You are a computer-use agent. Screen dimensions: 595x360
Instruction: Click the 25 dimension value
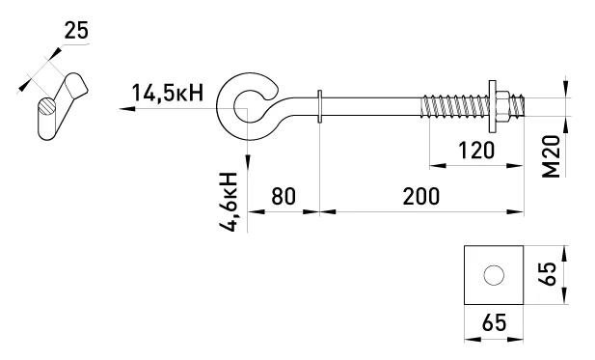pyautogui.click(x=76, y=30)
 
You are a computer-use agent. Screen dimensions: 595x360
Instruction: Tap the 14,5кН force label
pyautogui.click(x=168, y=93)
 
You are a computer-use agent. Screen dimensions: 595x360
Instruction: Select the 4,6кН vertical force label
pyautogui.click(x=228, y=202)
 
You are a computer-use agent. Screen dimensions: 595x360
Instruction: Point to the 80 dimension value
pyautogui.click(x=284, y=196)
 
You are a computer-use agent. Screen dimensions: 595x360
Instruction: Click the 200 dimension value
pyautogui.click(x=421, y=196)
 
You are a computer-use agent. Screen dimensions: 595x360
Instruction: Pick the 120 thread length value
pyautogui.click(x=476, y=151)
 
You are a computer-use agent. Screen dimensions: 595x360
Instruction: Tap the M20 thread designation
pyautogui.click(x=552, y=156)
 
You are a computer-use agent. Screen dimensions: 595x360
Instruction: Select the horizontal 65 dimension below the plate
pyautogui.click(x=494, y=322)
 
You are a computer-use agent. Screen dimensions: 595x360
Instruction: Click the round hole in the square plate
pyautogui.click(x=494, y=275)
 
